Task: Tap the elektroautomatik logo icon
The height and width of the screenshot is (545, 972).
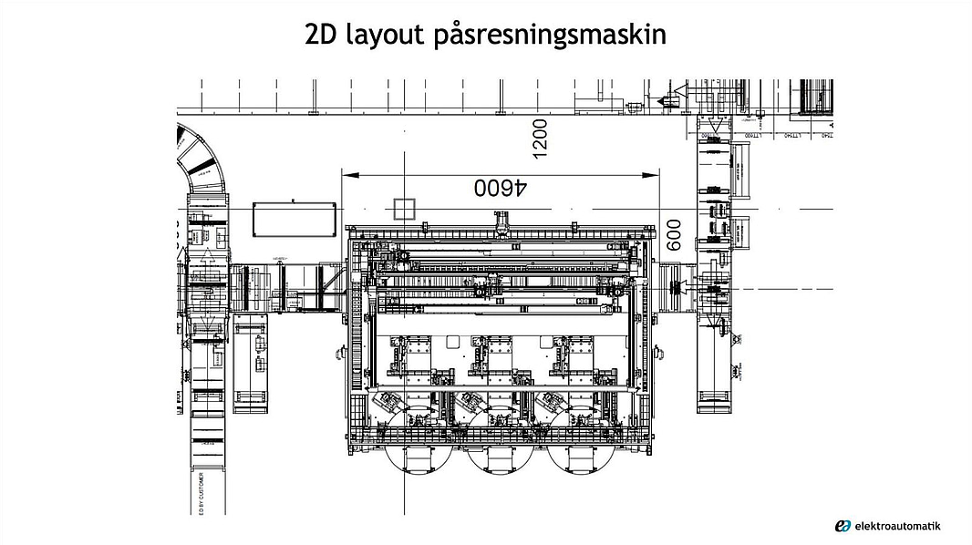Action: pyautogui.click(x=843, y=526)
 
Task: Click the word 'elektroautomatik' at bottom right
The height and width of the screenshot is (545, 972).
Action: pyautogui.click(x=898, y=526)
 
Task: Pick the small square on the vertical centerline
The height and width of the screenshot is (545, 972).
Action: pyautogui.click(x=403, y=209)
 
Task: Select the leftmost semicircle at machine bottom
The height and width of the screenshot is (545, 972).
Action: pyautogui.click(x=418, y=456)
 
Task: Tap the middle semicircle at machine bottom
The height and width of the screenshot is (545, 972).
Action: pyautogui.click(x=500, y=456)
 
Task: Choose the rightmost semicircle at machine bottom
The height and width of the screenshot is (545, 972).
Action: pyautogui.click(x=582, y=456)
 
